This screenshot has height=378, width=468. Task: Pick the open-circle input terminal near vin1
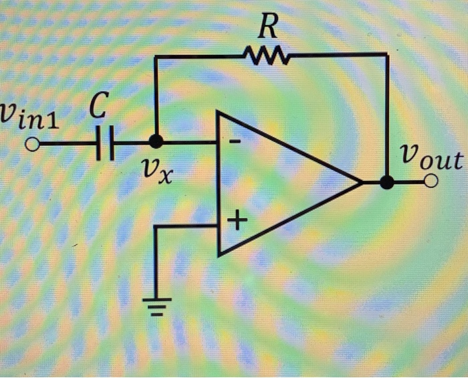(31, 143)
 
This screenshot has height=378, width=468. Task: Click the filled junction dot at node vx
(156, 142)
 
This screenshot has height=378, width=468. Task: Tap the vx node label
(159, 173)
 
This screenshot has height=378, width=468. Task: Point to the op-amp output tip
(362, 182)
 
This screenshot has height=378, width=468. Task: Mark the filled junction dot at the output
(387, 182)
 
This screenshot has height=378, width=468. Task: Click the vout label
(431, 159)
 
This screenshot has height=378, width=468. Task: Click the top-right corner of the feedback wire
(387, 56)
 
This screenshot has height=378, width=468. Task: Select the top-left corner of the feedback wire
(156, 58)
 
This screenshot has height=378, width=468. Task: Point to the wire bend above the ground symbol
(156, 227)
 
